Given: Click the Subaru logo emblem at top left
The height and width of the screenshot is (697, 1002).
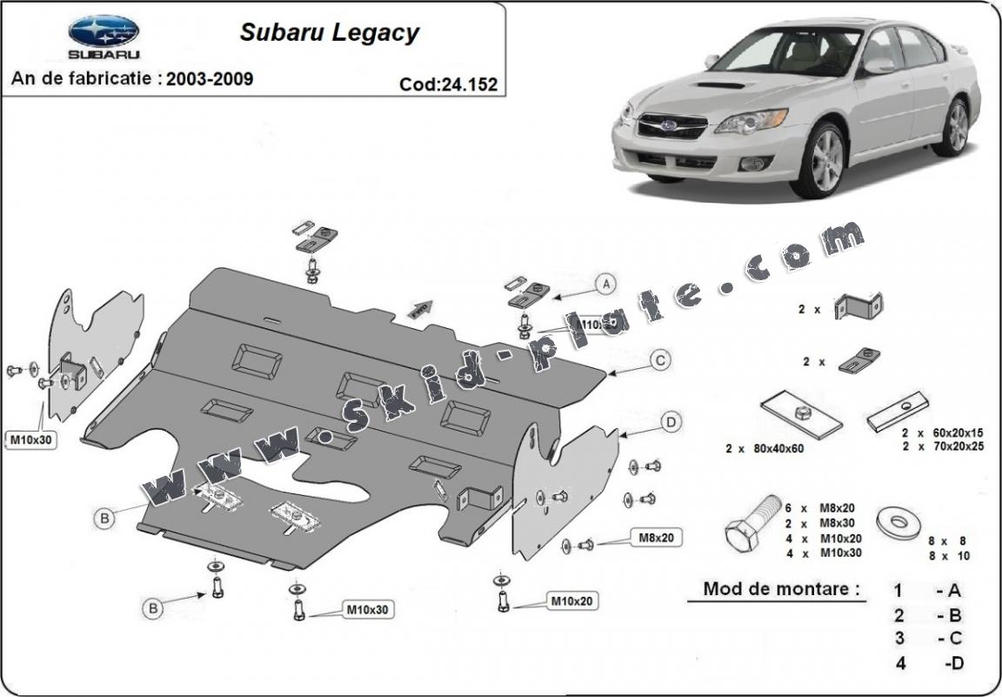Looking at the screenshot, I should click(104, 31).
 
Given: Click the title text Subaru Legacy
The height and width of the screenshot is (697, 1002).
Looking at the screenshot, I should click(329, 33).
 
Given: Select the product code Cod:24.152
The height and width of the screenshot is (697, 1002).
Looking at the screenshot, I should click(449, 84).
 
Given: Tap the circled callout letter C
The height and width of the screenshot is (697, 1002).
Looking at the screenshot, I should click(660, 359).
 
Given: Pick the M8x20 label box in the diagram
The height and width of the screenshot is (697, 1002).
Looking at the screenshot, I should click(658, 538).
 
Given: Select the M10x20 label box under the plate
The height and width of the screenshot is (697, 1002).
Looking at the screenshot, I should click(572, 600).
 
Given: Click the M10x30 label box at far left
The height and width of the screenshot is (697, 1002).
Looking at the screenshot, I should click(31, 439).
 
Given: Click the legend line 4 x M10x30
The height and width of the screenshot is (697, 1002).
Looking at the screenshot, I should click(824, 553).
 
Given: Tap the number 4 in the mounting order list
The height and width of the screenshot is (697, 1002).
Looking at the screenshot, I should click(901, 663).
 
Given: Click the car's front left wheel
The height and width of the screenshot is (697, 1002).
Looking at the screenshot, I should click(819, 161).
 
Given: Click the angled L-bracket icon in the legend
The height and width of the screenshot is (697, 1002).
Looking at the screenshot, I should click(858, 305).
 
